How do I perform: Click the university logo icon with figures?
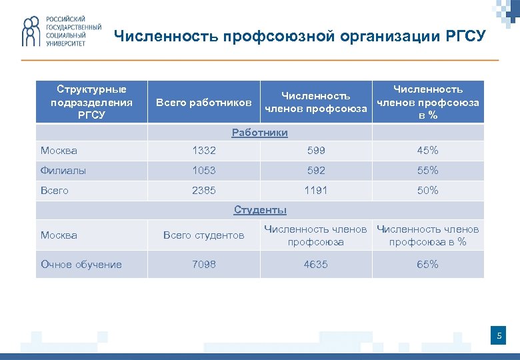point(31,32)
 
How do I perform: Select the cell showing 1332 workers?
point(204,151)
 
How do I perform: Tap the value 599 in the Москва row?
point(315,151)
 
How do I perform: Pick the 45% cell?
point(427,151)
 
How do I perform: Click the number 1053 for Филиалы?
point(204,171)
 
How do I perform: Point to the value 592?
point(315,171)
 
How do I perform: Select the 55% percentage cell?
point(427,171)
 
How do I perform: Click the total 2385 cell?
point(204,191)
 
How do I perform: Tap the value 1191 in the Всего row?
point(315,191)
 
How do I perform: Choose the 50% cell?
point(427,191)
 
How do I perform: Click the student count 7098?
point(204,265)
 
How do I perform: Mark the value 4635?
point(315,265)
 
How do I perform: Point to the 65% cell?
point(427,265)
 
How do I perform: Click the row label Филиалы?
point(63,171)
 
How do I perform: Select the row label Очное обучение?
point(81,265)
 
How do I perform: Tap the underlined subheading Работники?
point(260,133)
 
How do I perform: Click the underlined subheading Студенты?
point(260,210)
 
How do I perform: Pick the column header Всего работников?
point(203,103)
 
